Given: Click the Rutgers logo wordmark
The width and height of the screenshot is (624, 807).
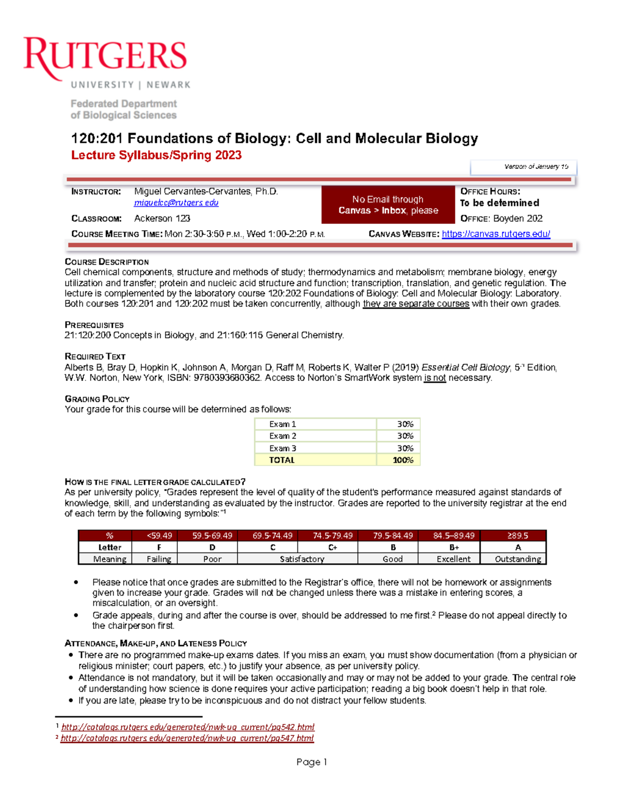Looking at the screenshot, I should [105, 57].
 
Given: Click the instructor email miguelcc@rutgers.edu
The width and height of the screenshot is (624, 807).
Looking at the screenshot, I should [176, 203].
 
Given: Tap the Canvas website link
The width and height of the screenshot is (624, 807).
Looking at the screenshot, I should [496, 234].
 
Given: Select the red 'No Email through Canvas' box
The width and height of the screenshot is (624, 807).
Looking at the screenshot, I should [388, 205].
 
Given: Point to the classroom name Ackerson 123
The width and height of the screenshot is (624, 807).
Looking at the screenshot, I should [162, 218].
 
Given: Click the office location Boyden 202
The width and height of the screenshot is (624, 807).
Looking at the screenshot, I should [517, 218].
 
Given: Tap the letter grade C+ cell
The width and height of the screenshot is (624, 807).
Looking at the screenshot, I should [333, 547].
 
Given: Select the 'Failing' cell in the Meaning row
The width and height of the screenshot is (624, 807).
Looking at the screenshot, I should [159, 559].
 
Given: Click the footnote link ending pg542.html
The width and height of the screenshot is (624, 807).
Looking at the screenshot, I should [188, 727].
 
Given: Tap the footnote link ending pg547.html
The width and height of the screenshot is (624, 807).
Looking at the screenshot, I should [187, 738].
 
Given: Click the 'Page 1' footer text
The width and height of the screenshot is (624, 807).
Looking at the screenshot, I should [311, 762].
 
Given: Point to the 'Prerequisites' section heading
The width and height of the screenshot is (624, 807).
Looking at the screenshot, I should [94, 325].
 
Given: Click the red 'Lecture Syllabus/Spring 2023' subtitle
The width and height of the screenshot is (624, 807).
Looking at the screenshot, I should [156, 155].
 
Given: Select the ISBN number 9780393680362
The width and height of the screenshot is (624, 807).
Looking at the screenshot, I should [227, 378].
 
